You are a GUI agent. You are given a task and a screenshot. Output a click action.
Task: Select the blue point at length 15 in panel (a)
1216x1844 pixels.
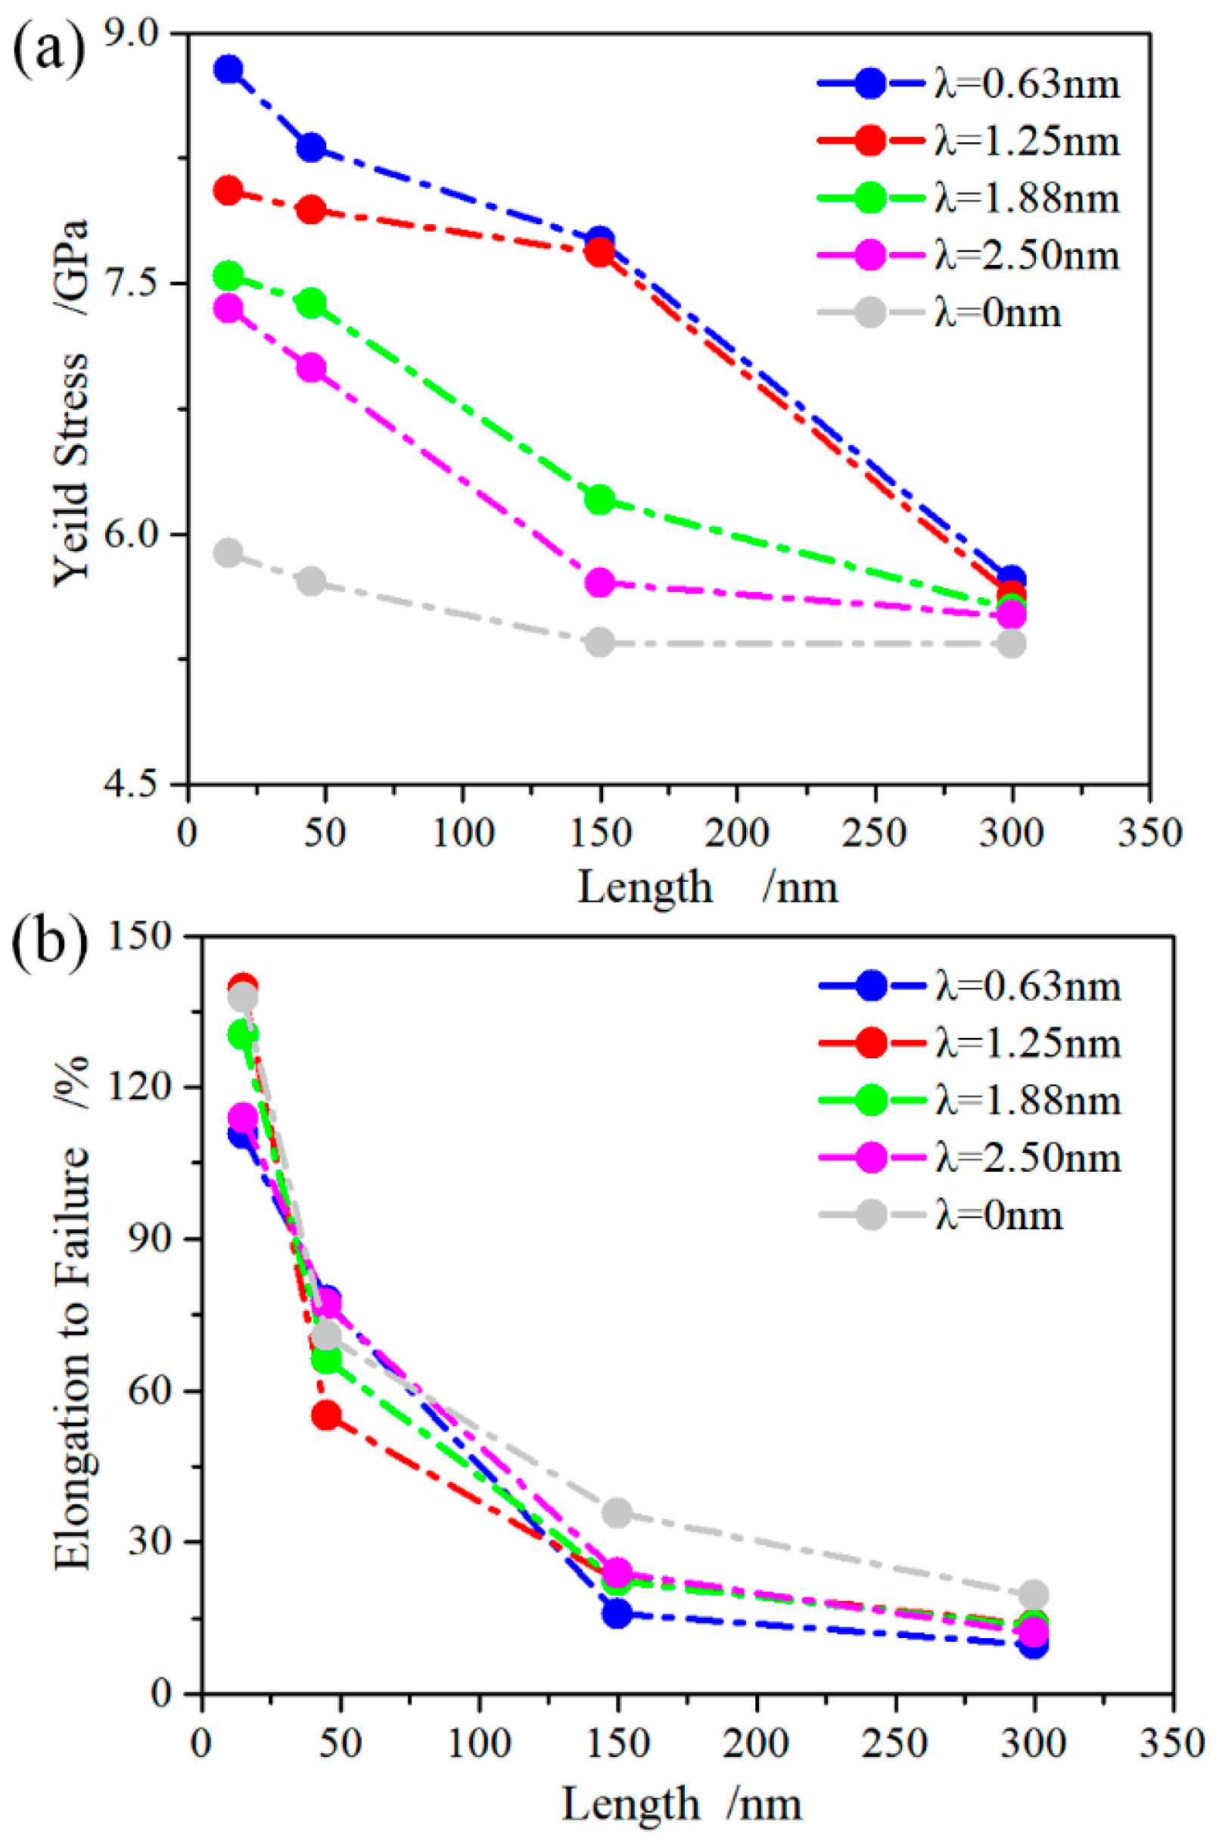coord(228,69)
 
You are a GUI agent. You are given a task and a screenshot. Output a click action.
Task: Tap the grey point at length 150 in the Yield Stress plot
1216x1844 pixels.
coord(599,643)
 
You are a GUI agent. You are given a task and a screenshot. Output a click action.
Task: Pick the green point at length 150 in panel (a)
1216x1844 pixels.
coord(599,500)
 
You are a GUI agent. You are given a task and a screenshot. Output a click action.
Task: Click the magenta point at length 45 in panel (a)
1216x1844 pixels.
coord(312,368)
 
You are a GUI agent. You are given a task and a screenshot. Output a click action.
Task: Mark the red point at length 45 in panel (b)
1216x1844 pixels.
coord(326,1416)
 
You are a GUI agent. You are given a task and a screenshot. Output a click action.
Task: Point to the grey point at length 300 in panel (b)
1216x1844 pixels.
coord(1034,1595)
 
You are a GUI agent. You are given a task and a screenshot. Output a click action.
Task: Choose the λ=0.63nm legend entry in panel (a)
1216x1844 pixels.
coord(969,84)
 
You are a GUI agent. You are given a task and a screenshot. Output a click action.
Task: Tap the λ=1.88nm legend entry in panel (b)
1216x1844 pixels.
coord(969,1101)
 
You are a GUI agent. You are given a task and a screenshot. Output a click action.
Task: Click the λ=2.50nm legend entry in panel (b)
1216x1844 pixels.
coord(969,1157)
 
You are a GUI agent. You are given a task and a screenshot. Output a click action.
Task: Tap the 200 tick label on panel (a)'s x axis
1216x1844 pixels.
coord(736,835)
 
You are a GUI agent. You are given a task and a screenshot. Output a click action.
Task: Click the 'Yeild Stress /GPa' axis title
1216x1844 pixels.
coord(72,403)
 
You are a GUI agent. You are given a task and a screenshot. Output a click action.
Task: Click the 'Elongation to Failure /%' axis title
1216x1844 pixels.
coord(72,1311)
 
